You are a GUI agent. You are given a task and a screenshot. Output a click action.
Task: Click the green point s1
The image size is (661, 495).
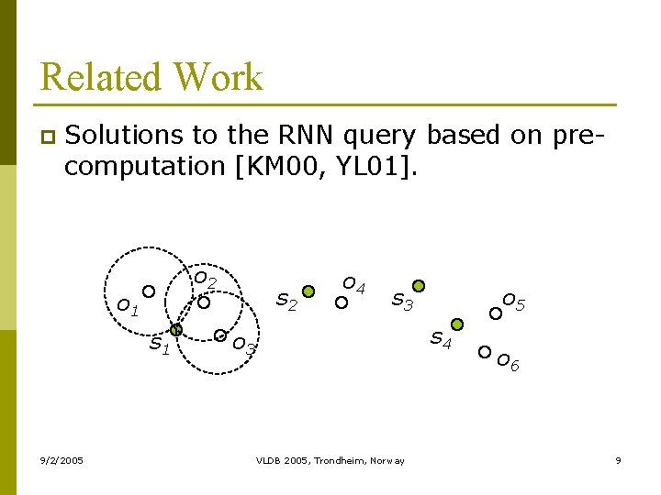177,329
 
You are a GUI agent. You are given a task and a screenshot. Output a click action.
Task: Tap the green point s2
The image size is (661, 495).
308,291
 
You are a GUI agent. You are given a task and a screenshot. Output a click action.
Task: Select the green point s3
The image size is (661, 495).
419,286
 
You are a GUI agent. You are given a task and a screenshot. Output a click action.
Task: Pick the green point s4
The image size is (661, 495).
457,324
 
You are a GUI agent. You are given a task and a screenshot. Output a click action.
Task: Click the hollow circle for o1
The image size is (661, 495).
148,291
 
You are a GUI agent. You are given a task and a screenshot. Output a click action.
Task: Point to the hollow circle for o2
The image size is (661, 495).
204,302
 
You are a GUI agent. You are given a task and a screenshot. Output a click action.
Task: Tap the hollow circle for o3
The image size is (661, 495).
220,335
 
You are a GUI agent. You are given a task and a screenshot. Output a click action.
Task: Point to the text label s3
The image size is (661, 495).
403,300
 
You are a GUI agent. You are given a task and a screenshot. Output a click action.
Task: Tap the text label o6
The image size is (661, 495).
508,363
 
